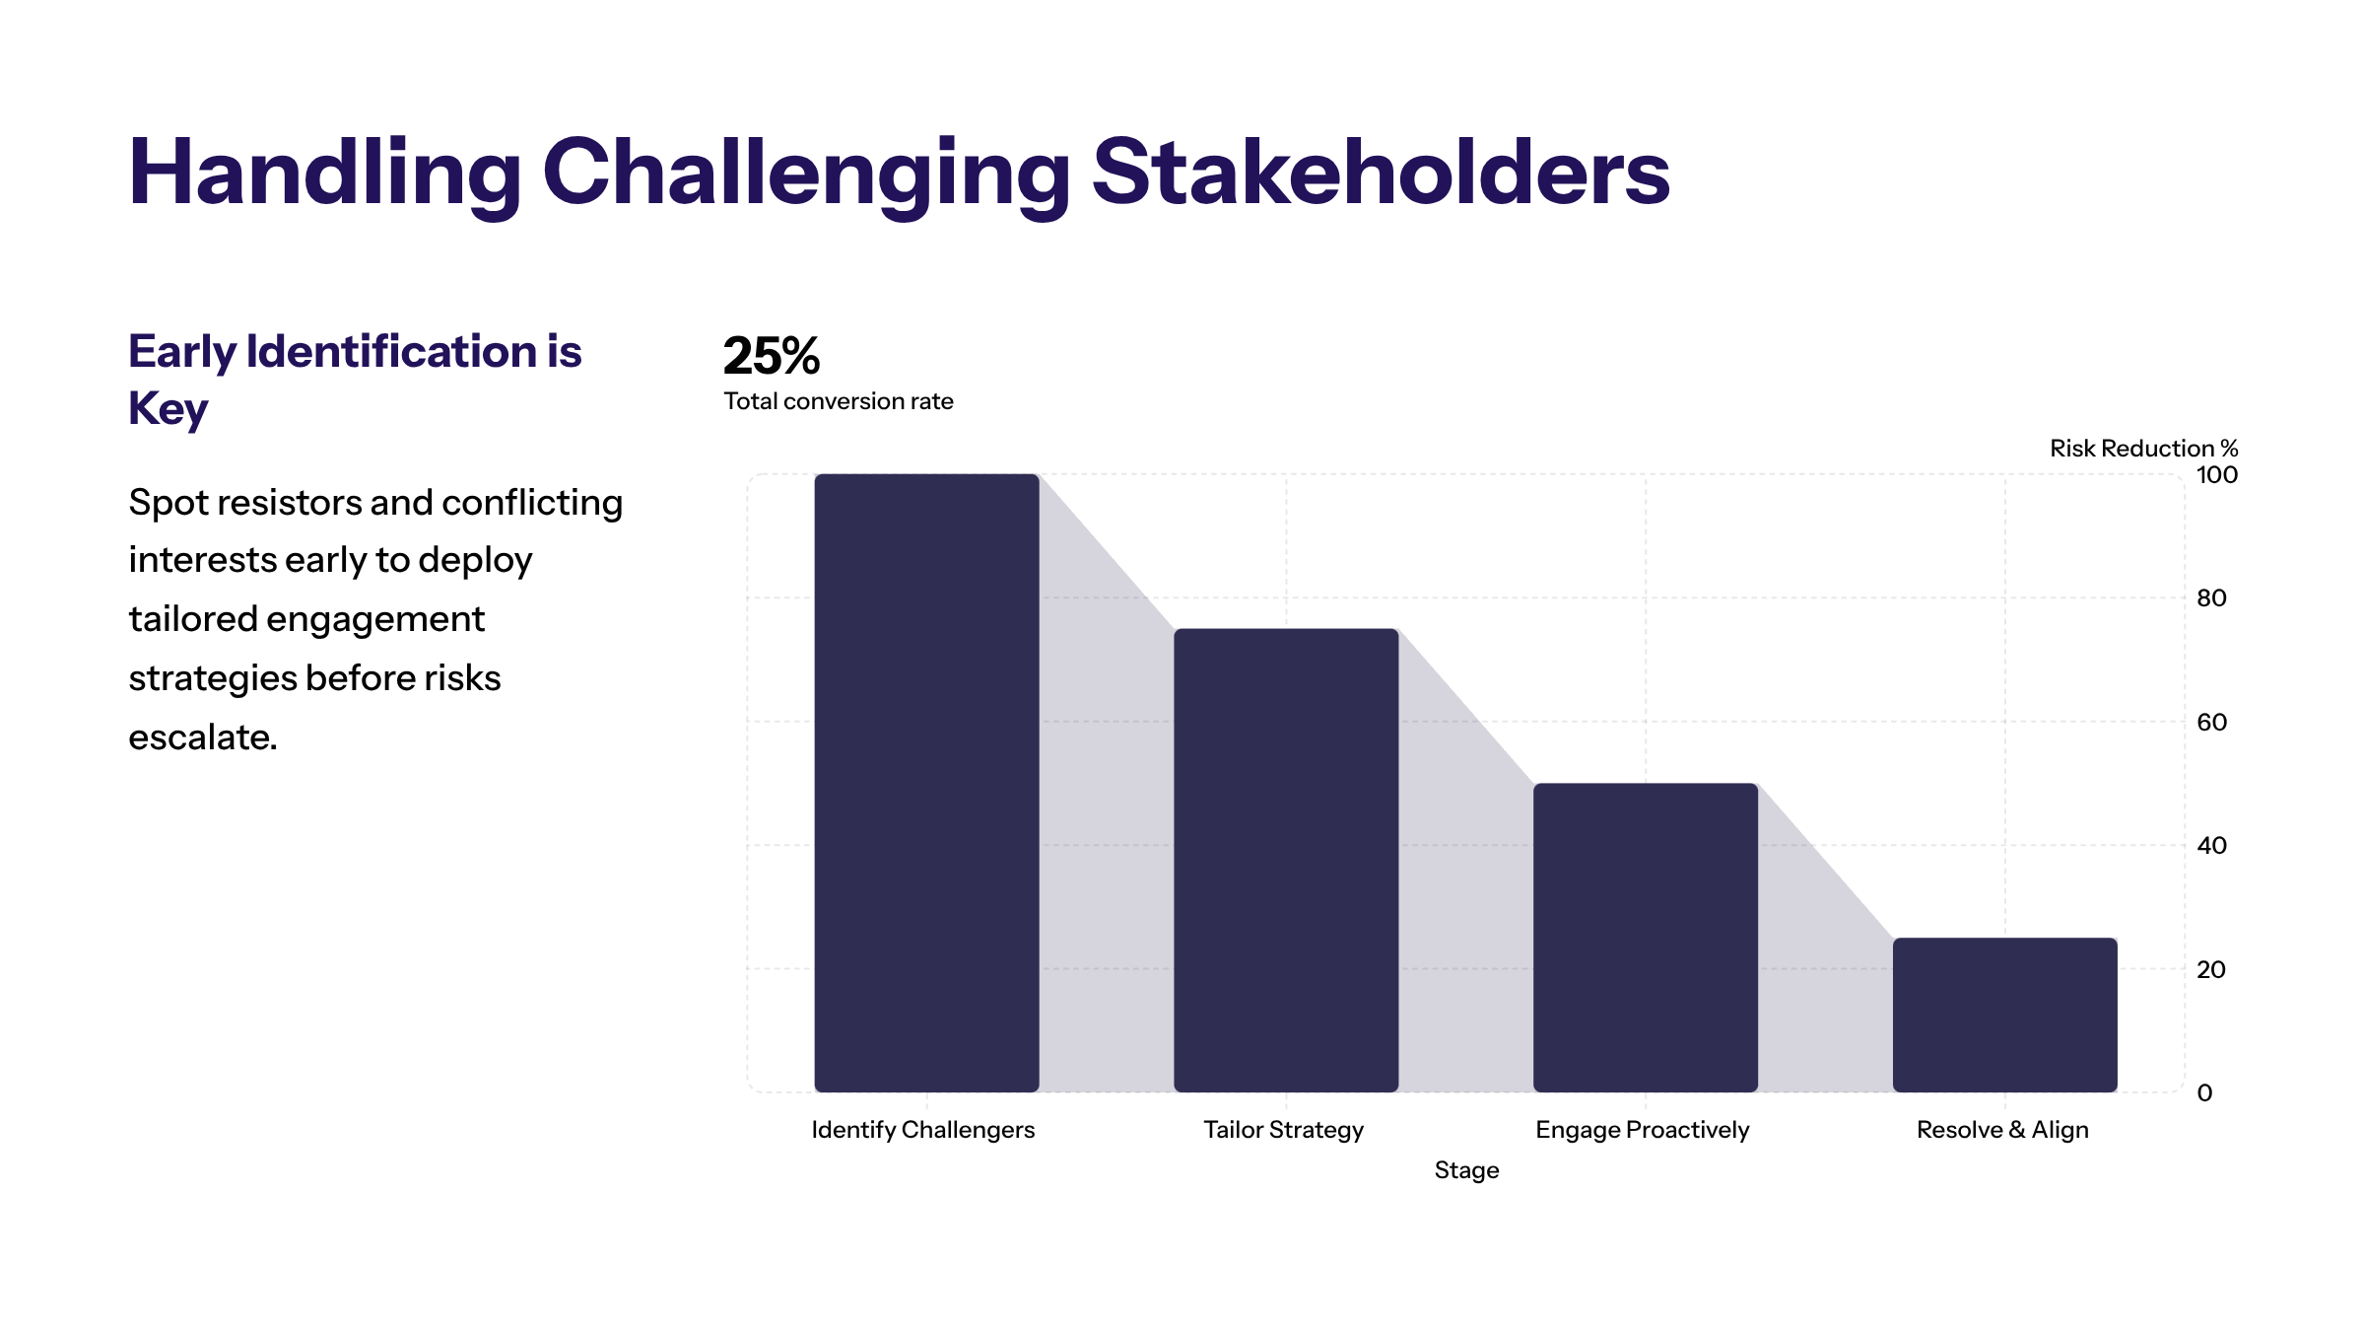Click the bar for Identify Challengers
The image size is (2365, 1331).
926,783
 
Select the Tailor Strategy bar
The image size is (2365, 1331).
1286,860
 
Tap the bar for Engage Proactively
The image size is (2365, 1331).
1646,937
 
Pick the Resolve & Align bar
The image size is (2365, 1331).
2004,1015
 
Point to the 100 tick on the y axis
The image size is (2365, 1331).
2216,475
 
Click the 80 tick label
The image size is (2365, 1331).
2211,598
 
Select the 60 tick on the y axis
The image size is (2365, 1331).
2211,723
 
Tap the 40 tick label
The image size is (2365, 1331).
2211,846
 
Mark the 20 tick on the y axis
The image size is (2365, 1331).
2211,970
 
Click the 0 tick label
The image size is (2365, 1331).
2204,1093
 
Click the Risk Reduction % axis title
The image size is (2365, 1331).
2143,449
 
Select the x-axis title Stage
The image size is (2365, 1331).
1466,1170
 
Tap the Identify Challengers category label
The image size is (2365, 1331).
923,1130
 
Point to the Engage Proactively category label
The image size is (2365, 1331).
1643,1130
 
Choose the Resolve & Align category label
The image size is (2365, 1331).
2002,1130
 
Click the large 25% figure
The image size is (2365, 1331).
772,356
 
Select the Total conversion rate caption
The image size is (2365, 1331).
839,401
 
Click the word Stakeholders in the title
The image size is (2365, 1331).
1381,173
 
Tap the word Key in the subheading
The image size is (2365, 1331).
169,408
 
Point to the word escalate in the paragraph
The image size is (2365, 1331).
202,737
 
